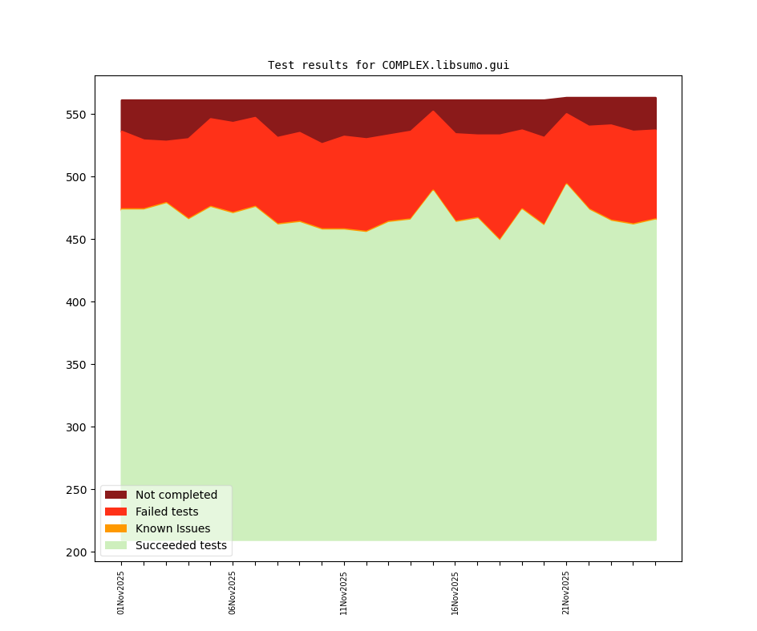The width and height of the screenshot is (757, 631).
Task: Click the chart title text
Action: (388, 65)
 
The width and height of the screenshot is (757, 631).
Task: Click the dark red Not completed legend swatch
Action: (115, 495)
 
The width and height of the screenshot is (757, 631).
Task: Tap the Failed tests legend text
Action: (167, 512)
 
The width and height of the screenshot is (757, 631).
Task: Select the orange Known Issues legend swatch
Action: (115, 528)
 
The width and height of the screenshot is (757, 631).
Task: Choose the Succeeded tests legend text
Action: (181, 545)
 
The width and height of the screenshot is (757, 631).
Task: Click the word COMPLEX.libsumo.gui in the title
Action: (445, 65)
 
